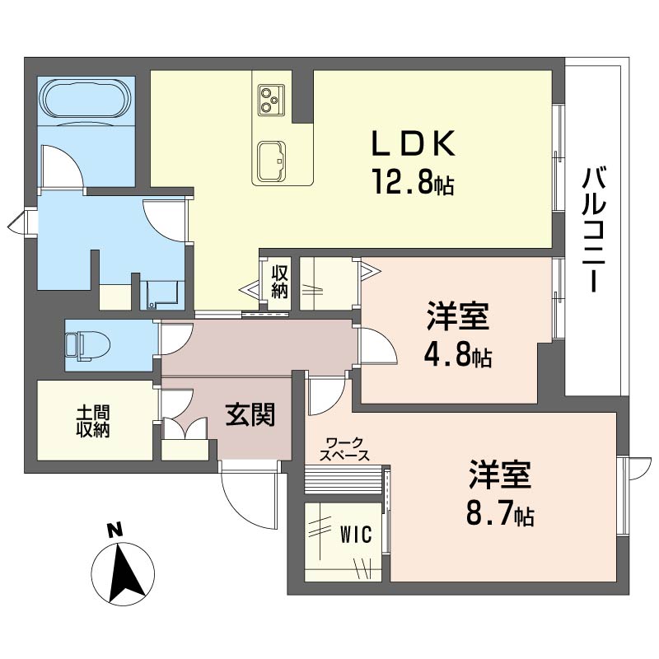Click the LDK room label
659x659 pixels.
pyautogui.click(x=413, y=143)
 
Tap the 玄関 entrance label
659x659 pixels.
pyautogui.click(x=250, y=414)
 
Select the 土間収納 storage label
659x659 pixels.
pyautogui.click(x=93, y=422)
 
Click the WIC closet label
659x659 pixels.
pyautogui.click(x=356, y=535)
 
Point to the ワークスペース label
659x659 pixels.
pyautogui.click(x=344, y=449)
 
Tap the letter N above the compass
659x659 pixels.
pyautogui.click(x=115, y=530)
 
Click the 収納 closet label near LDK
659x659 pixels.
pyautogui.click(x=279, y=282)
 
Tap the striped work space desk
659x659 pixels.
pyautogui.click(x=344, y=479)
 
